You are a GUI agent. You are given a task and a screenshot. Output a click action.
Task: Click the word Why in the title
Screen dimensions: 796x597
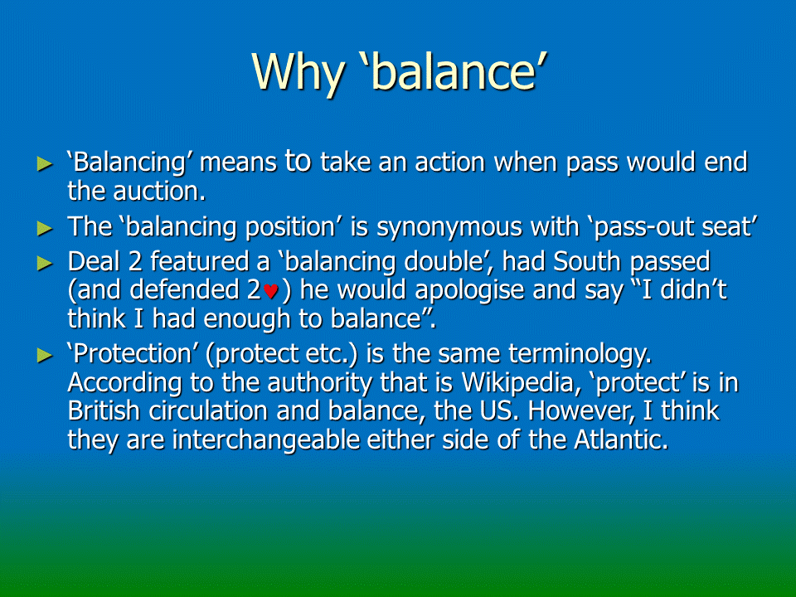(x=298, y=72)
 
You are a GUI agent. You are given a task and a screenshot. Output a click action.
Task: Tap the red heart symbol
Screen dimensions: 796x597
(x=270, y=291)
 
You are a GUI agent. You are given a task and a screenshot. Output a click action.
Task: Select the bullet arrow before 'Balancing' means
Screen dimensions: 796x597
(x=45, y=164)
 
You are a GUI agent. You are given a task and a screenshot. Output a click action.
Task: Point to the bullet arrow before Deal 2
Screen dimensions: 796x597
(x=45, y=263)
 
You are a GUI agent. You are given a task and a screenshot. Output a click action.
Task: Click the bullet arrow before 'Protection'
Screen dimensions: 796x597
(x=45, y=355)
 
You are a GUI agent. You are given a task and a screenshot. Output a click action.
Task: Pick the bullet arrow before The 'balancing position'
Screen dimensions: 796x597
(x=45, y=229)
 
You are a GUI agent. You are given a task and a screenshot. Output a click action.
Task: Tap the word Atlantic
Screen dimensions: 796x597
(x=621, y=439)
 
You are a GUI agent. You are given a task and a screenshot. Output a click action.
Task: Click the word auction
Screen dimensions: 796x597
(x=159, y=192)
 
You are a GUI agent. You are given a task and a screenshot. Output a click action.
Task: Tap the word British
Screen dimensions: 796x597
(x=104, y=411)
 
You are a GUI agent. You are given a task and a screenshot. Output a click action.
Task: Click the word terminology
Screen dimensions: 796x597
(x=580, y=355)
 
